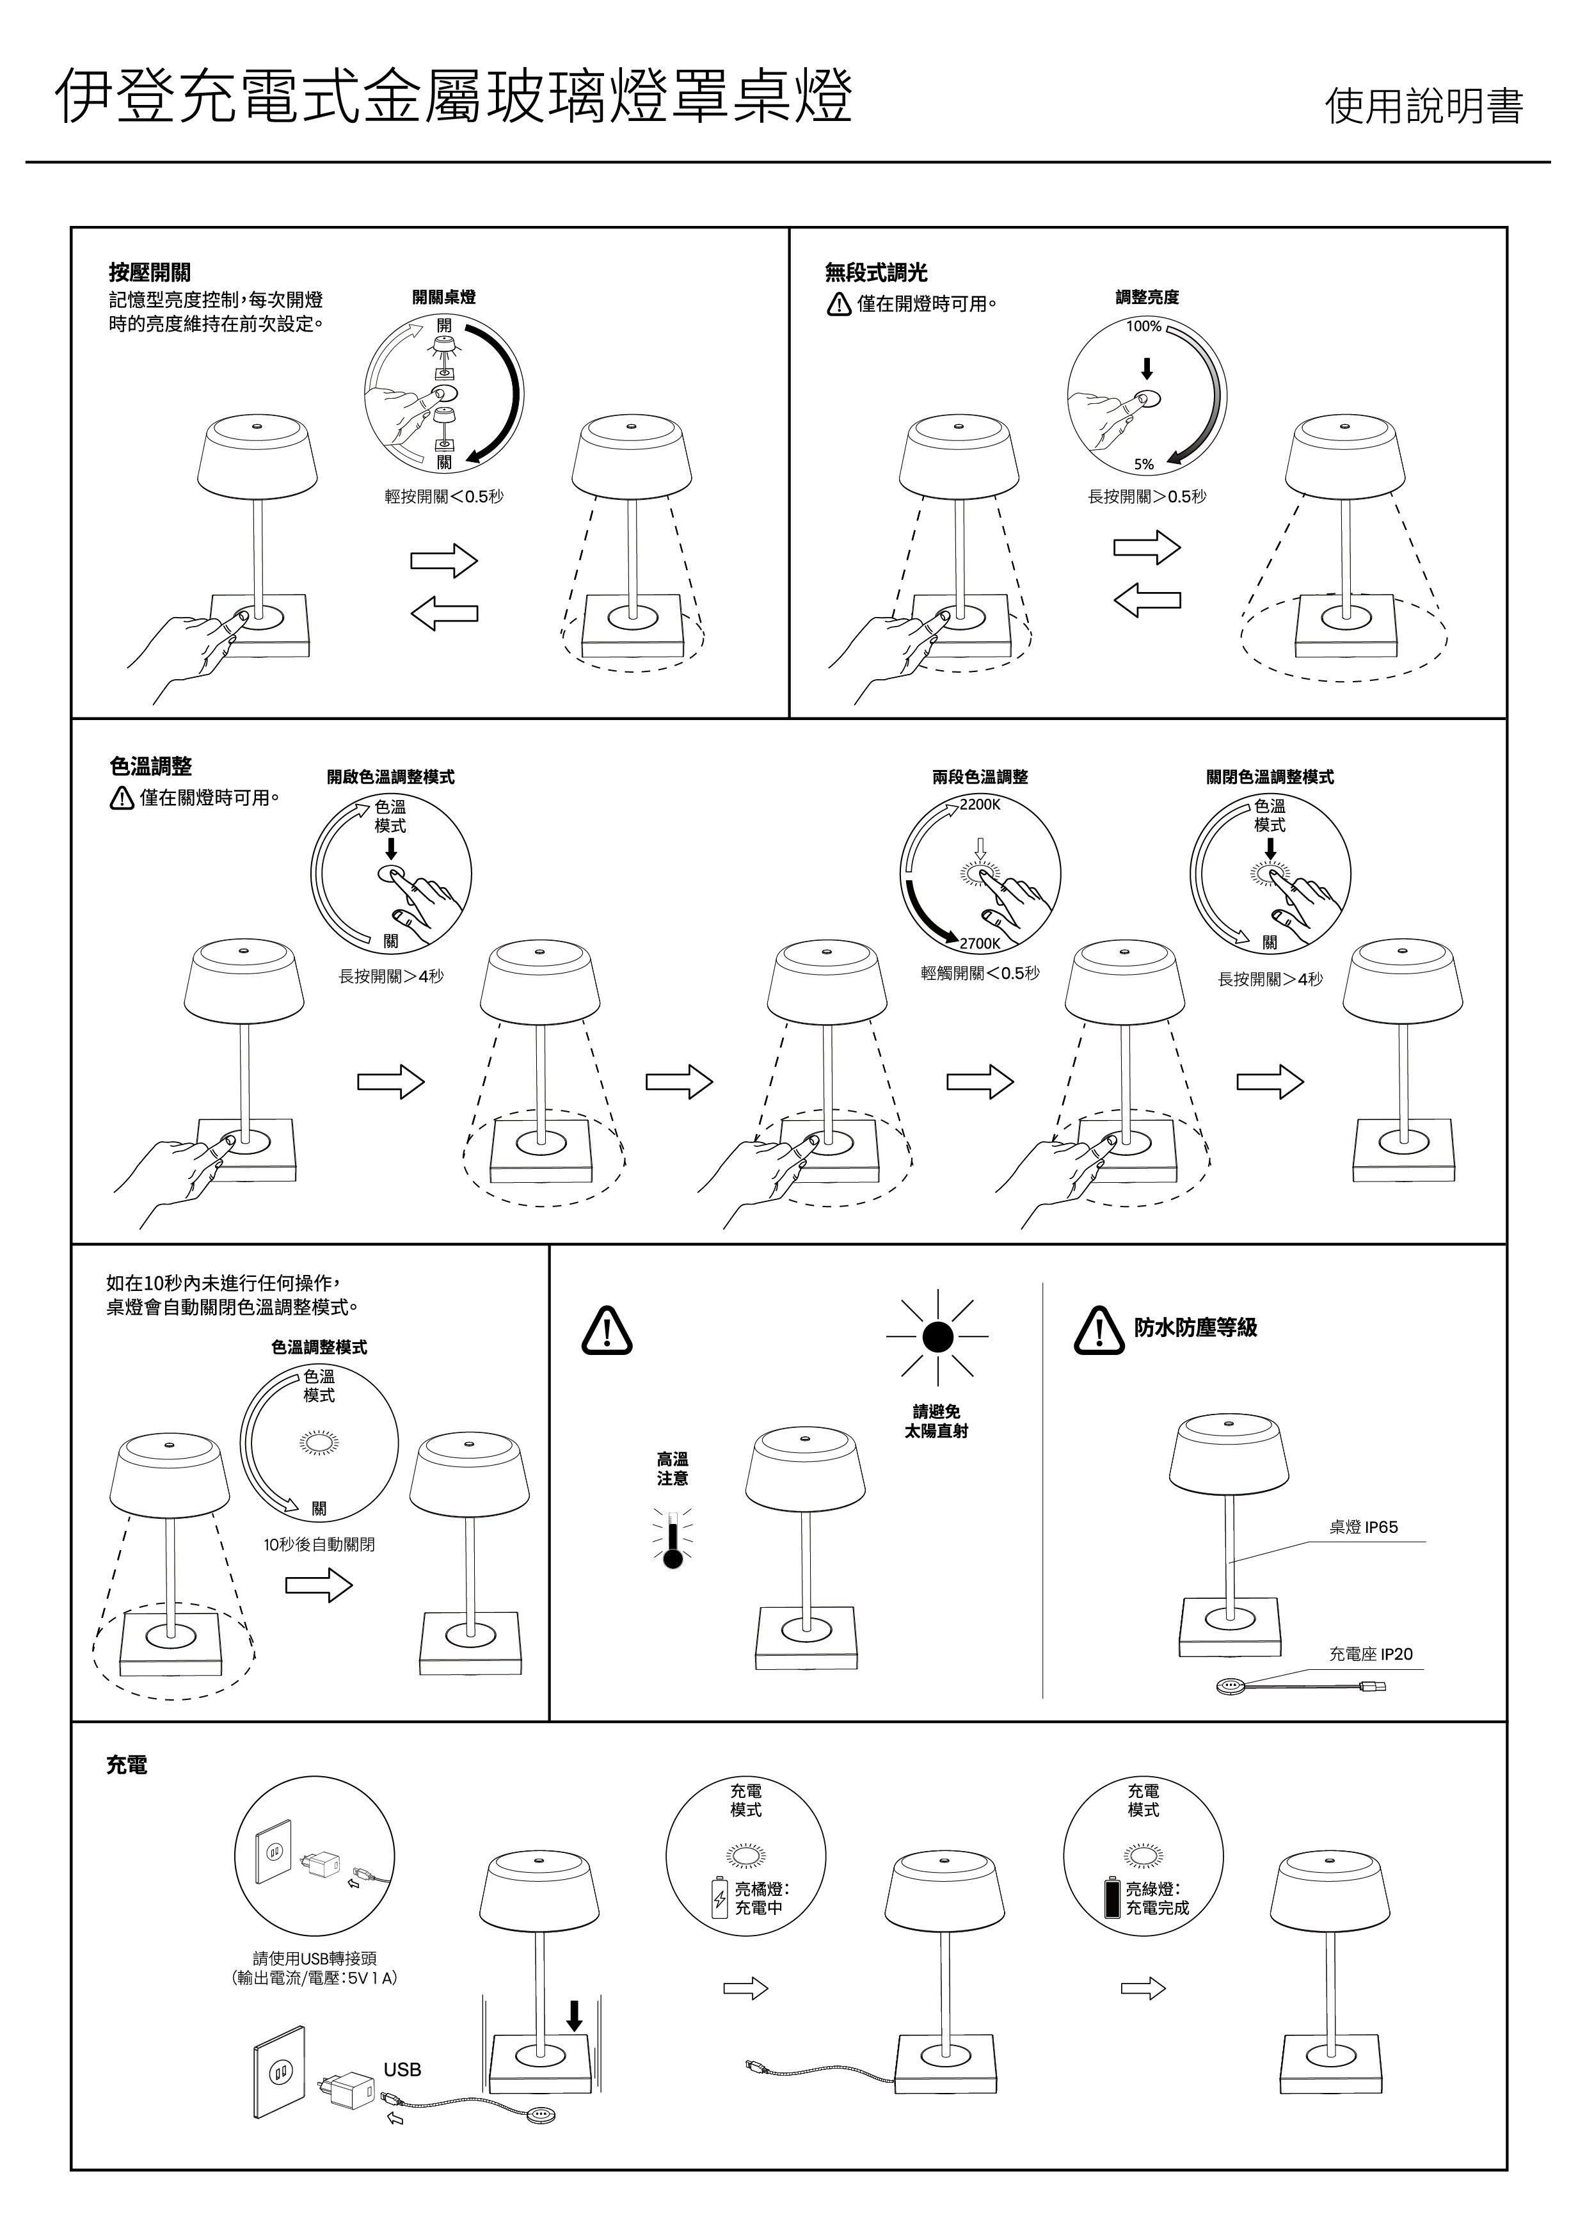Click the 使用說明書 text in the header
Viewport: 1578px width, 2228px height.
pos(1424,105)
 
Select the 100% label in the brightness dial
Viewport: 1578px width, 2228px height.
pos(1144,326)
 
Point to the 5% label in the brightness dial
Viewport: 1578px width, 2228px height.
pos(1144,465)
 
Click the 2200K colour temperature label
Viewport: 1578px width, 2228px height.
pos(980,805)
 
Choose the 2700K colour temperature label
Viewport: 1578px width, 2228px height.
pos(980,943)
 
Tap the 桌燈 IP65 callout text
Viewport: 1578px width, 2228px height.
pos(1363,1527)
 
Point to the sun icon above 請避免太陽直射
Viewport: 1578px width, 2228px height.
pos(937,1338)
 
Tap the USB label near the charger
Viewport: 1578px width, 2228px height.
pos(402,2070)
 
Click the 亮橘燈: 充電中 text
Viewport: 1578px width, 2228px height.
pos(761,1898)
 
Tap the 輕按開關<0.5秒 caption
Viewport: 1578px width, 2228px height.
pos(444,497)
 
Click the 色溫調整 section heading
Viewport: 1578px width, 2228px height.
pos(150,767)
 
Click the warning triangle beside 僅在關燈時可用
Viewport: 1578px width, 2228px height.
pos(122,799)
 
